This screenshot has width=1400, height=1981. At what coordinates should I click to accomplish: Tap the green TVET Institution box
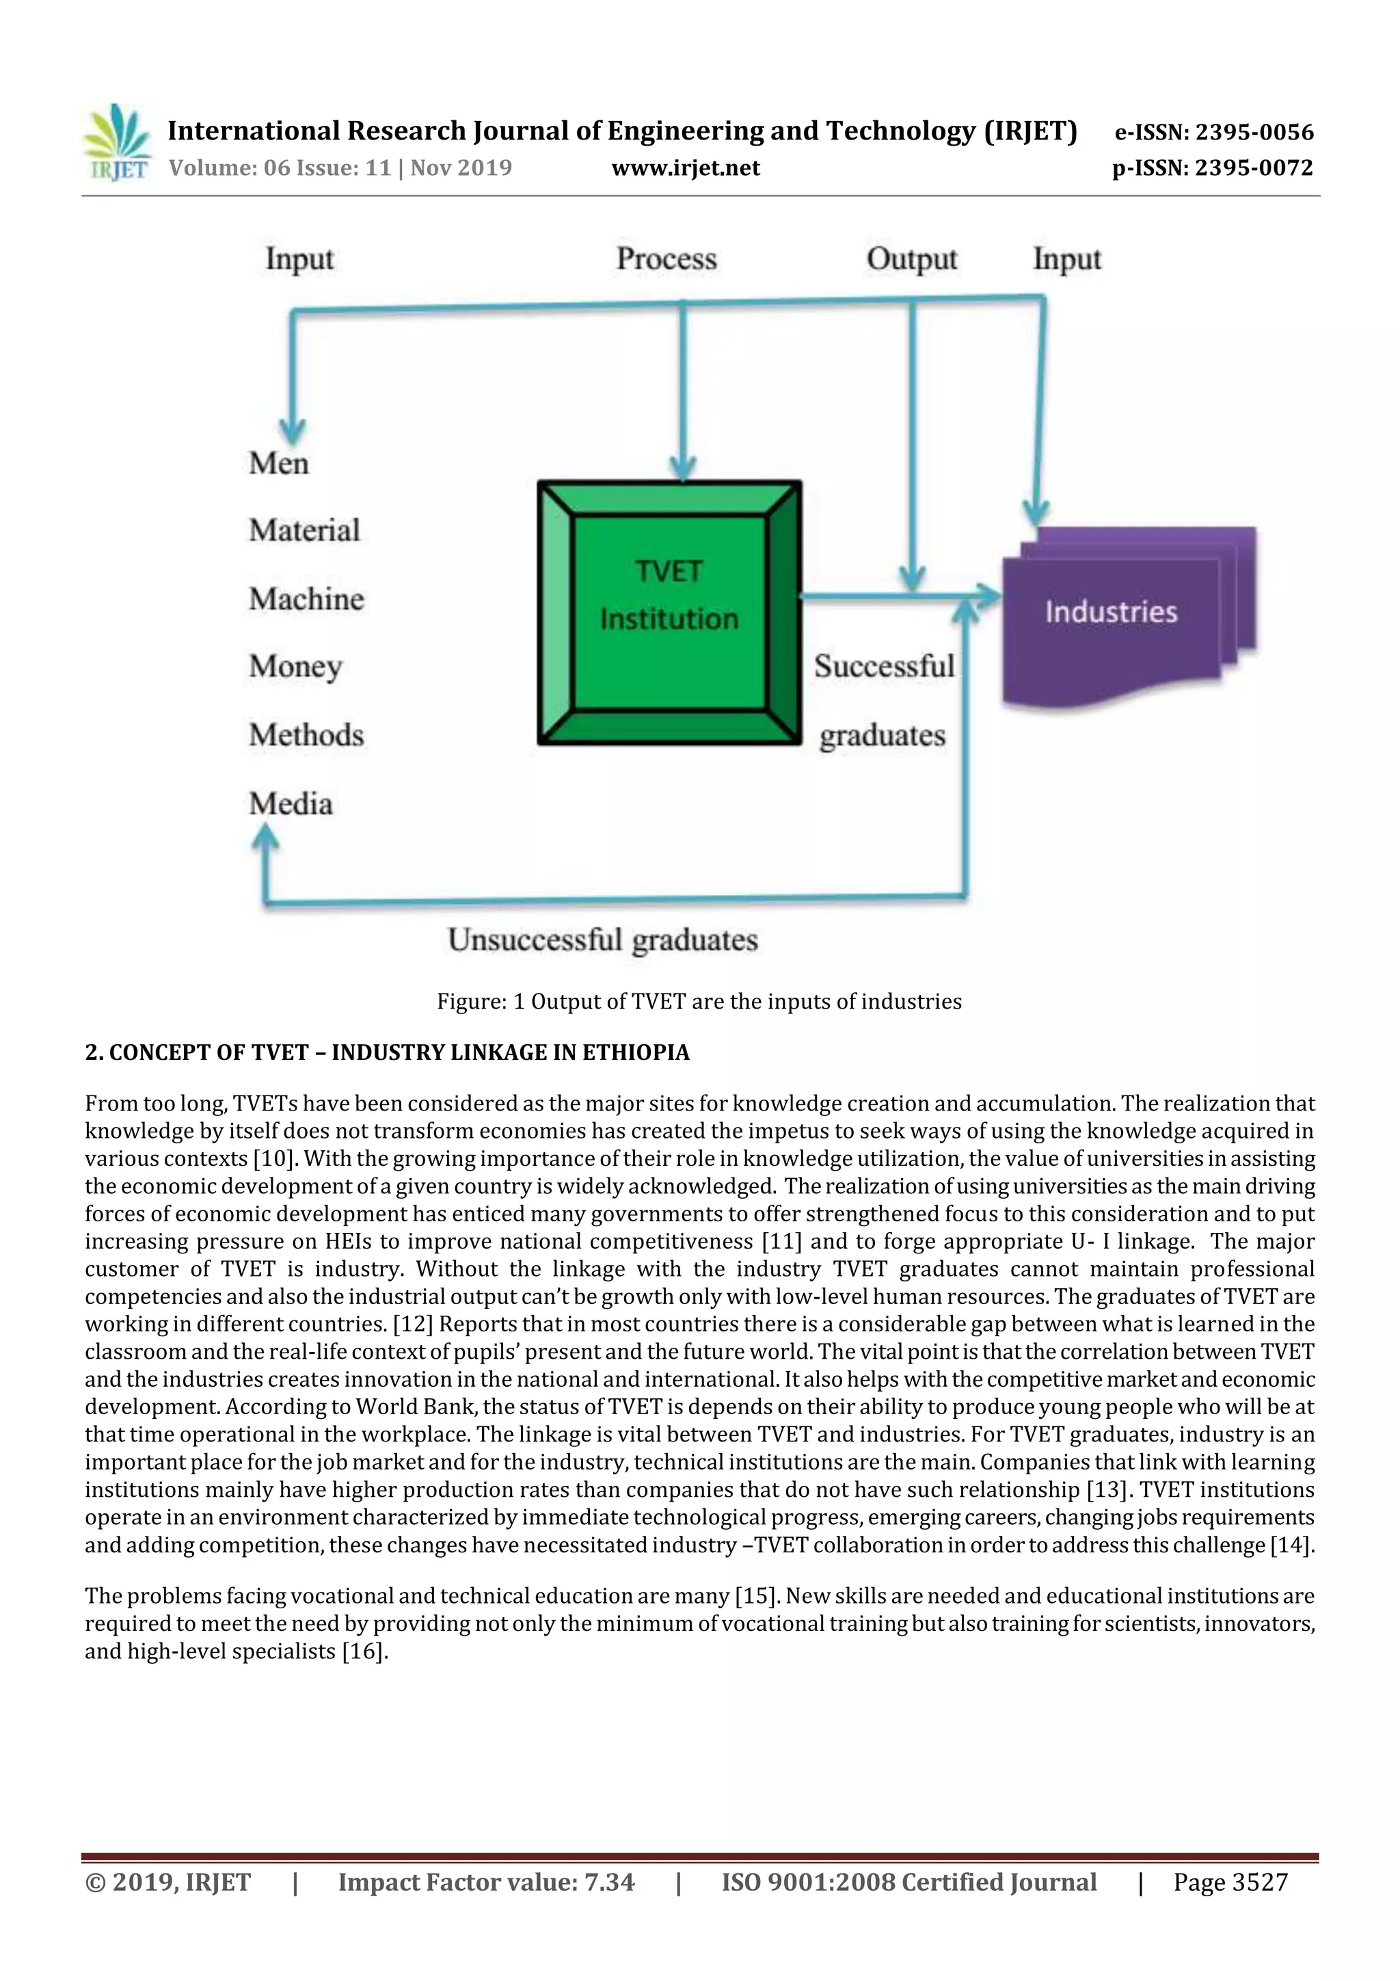pos(669,613)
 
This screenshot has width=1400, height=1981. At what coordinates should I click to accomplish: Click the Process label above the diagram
pos(666,259)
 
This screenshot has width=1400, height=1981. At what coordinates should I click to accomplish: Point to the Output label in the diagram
pos(912,259)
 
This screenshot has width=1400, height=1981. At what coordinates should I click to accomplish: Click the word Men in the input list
pos(279,464)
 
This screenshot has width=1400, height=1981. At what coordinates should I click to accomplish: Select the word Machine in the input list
pos(306,599)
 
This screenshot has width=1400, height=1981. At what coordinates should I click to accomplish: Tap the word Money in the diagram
pos(296,667)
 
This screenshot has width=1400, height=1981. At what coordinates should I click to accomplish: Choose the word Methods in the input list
pos(306,735)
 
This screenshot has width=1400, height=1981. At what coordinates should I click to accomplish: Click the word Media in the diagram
pos(291,803)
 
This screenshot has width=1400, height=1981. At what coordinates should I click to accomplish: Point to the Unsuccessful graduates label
pos(603,940)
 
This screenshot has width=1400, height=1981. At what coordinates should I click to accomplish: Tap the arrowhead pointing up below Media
pos(267,834)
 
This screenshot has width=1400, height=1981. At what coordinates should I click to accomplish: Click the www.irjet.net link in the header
pos(686,168)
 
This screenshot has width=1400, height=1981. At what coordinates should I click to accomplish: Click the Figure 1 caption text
pos(699,1002)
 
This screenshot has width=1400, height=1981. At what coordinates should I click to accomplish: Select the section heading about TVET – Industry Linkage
pos(388,1052)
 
